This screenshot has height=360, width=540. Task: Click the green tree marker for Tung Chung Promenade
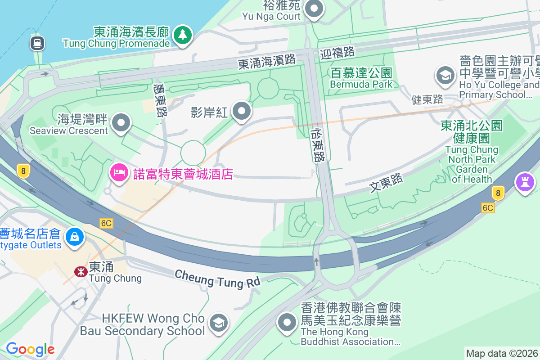click(182, 35)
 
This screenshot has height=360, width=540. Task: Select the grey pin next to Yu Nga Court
click(314, 9)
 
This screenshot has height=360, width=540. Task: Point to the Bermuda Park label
click(361, 78)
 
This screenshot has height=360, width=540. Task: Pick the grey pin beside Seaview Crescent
click(121, 122)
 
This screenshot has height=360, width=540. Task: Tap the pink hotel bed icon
click(120, 172)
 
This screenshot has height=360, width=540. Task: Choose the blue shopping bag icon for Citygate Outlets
click(75, 236)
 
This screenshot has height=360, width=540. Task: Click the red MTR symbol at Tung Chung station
click(81, 271)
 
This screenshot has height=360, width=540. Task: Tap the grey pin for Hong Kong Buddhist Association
click(287, 323)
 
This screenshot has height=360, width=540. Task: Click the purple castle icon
click(526, 182)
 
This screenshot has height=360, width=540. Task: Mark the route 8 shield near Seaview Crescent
click(22, 171)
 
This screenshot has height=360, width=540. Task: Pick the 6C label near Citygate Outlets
click(106, 223)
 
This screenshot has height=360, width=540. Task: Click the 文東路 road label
click(386, 183)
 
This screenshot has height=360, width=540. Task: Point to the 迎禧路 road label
click(338, 53)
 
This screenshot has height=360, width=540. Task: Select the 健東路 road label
click(427, 99)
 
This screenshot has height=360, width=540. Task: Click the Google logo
click(30, 349)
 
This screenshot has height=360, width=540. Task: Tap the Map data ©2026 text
click(502, 353)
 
